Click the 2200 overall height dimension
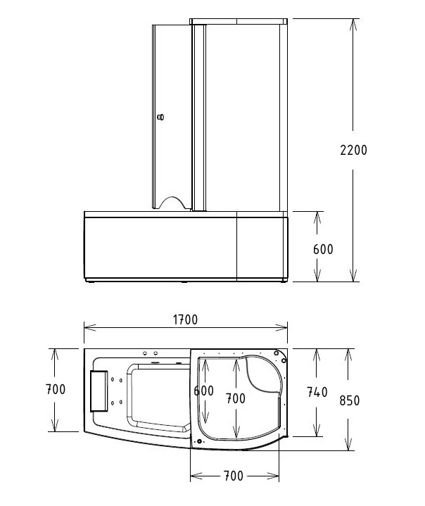click(x=353, y=150)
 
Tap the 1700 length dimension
click(x=184, y=320)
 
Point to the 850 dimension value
click(x=349, y=400)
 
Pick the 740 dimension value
click(x=317, y=393)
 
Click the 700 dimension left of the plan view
click(x=55, y=389)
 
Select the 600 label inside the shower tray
click(x=203, y=391)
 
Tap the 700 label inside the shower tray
click(x=235, y=398)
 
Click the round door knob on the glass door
click(x=161, y=118)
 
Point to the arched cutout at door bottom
click(x=173, y=203)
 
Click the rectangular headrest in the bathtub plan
click(x=98, y=389)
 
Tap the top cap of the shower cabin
click(x=239, y=22)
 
